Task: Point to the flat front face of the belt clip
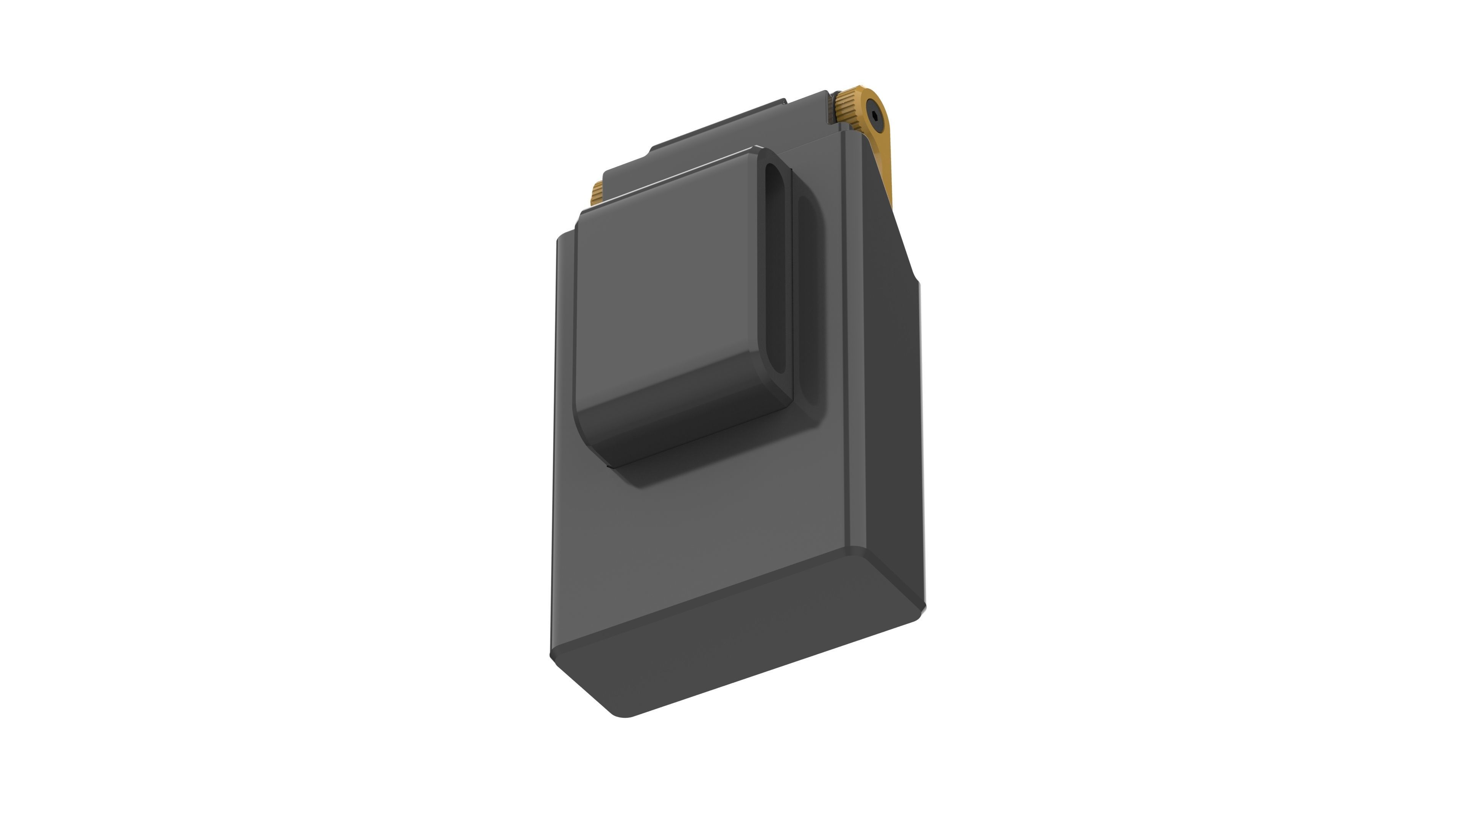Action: pyautogui.click(x=669, y=284)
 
